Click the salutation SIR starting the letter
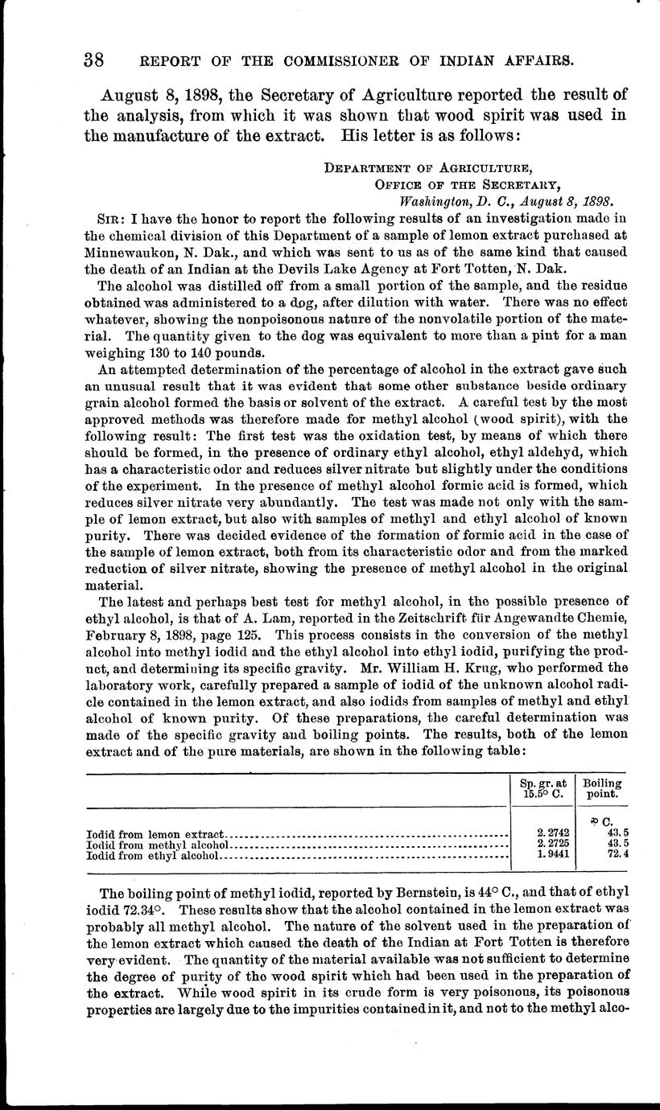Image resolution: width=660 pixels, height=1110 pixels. [x=109, y=217]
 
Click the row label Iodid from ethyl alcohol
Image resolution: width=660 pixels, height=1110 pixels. [x=152, y=857]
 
